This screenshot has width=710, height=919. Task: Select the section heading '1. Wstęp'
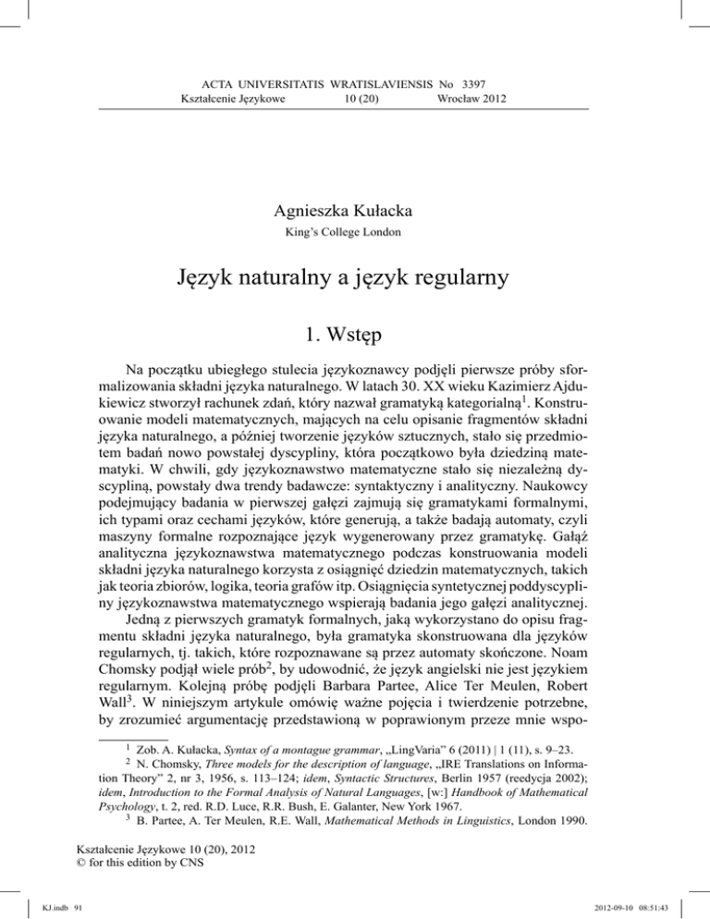pos(354,349)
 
